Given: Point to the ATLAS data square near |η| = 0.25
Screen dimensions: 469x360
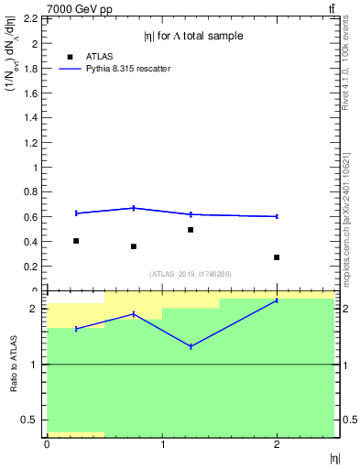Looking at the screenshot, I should pos(76,241).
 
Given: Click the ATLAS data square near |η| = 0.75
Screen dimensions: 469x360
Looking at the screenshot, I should pos(134,246).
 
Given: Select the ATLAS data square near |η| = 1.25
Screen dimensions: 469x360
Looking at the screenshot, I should pos(191,230).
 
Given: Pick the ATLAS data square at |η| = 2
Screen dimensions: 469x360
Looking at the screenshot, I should pos(277,257).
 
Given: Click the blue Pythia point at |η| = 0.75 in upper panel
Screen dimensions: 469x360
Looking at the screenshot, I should pos(134,208).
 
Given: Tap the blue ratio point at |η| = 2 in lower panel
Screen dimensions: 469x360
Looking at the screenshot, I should pos(277,300).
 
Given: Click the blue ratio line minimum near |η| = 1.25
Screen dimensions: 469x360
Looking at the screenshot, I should pos(191,346).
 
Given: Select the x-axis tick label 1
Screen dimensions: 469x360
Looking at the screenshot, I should pos(162,444).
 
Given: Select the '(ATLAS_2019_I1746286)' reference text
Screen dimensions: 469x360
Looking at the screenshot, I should pos(191,274).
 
